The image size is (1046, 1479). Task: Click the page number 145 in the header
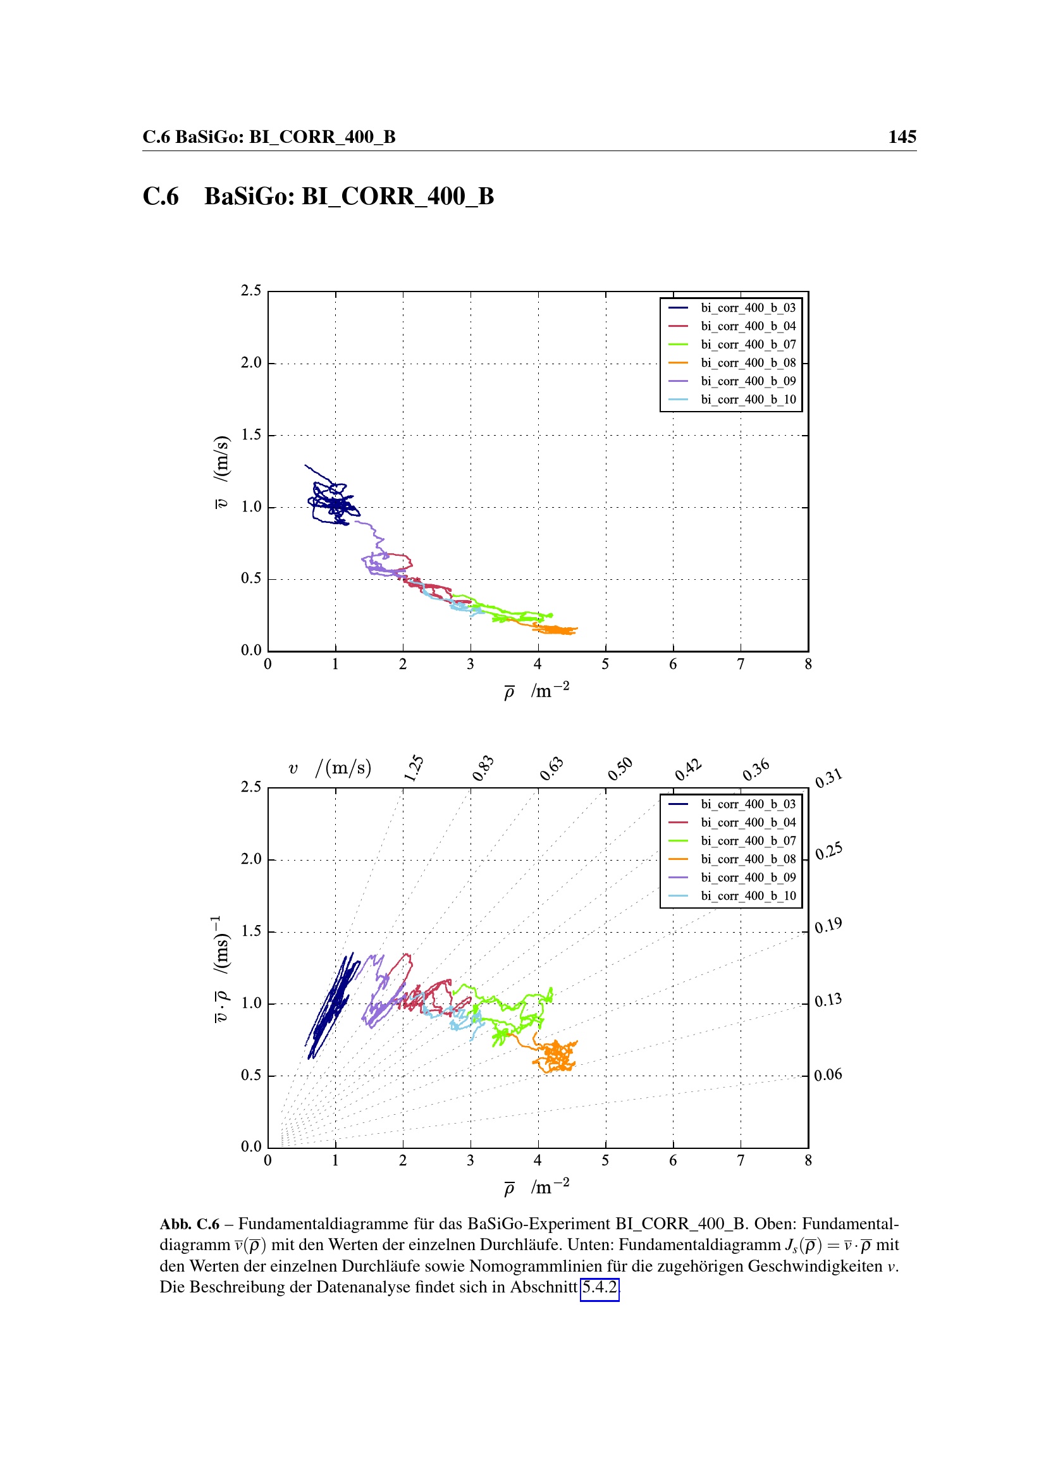[902, 137]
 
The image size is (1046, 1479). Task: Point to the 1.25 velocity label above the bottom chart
[414, 768]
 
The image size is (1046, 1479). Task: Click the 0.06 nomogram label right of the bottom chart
[828, 1074]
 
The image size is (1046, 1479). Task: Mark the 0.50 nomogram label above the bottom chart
[620, 768]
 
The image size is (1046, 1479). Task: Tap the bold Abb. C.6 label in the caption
[189, 1224]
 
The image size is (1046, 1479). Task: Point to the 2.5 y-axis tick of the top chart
[251, 290]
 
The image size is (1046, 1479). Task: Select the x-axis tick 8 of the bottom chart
[808, 1161]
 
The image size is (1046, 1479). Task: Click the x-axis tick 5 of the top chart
[605, 664]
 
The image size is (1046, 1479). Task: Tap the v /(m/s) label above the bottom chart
[329, 768]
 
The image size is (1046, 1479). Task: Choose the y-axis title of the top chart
[221, 472]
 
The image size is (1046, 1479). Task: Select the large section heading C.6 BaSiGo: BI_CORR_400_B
[318, 197]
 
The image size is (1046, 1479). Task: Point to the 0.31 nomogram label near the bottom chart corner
[828, 778]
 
